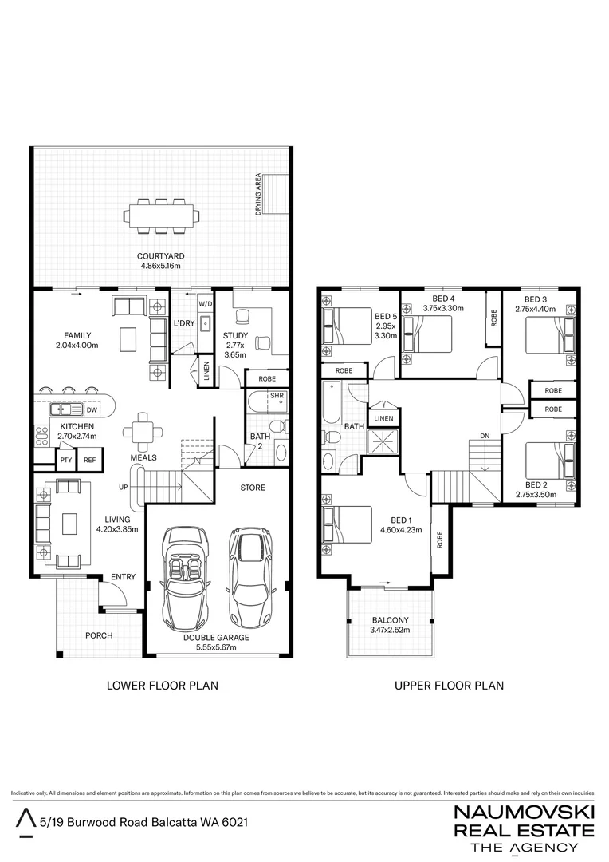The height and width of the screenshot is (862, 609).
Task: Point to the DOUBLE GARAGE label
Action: tap(216, 638)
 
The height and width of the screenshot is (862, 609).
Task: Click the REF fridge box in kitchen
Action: tap(89, 460)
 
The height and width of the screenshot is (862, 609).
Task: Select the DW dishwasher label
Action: tap(92, 409)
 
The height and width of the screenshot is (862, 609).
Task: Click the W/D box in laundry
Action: tap(205, 304)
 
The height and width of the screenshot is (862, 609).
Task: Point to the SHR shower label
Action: tap(277, 395)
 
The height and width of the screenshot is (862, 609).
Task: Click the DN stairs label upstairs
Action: tap(484, 436)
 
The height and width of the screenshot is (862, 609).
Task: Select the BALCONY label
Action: tap(391, 620)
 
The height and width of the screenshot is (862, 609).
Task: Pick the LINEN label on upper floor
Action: tap(383, 418)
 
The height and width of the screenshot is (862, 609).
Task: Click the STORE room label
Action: tap(253, 487)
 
